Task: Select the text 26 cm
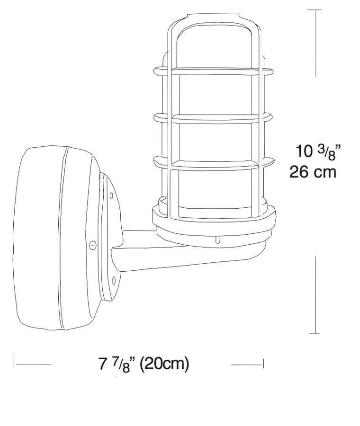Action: (313, 172)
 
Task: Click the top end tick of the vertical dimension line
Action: (315, 9)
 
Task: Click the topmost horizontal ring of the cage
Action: (213, 71)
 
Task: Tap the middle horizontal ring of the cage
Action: (213, 117)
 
